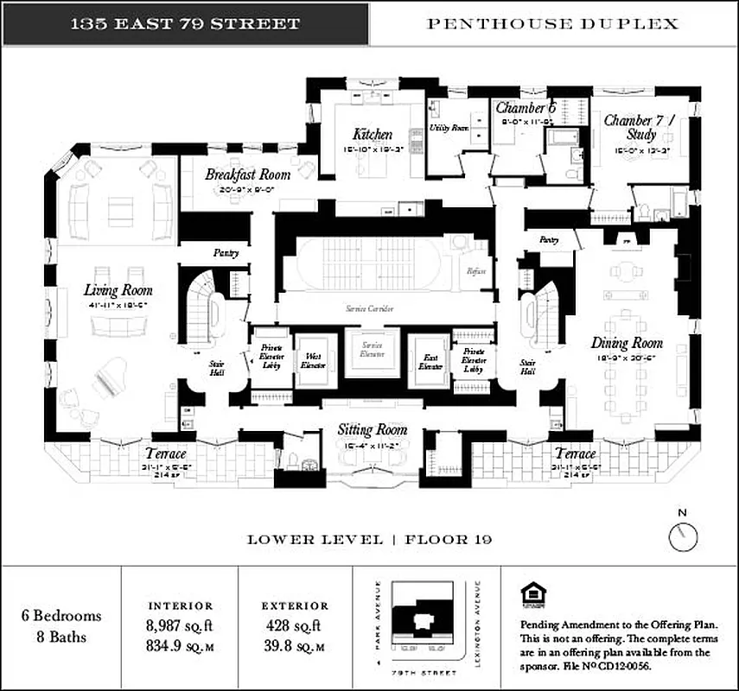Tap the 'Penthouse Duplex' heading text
click(x=554, y=23)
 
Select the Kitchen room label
click(x=373, y=135)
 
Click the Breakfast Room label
click(x=247, y=174)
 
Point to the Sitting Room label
click(x=372, y=429)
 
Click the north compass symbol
click(x=683, y=536)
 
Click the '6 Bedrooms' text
click(x=61, y=616)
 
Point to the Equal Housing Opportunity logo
click(x=531, y=593)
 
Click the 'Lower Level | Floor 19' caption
click(x=370, y=539)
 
